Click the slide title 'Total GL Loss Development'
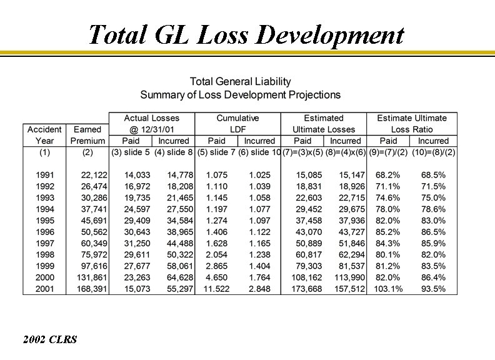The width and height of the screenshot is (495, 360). coord(246,35)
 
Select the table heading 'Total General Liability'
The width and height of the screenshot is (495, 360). coord(241,81)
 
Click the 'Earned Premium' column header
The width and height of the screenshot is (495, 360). coord(87,135)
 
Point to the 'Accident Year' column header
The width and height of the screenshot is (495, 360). coord(44,135)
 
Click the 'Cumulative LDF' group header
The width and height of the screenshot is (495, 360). coord(237,124)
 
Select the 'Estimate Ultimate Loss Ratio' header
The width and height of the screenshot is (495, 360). coord(412,124)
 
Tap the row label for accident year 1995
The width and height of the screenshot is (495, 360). coord(44,221)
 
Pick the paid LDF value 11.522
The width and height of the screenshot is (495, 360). coord(216,289)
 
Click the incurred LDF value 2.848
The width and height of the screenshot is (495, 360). coord(259,289)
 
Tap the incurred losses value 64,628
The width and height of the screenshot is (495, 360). coord(178,277)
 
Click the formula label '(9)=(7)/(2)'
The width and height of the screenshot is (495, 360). coord(389,152)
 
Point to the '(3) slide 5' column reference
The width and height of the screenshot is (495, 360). coord(131,152)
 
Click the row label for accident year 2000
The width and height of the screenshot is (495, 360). coord(44,277)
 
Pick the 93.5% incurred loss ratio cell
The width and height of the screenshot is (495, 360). coord(433,289)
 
